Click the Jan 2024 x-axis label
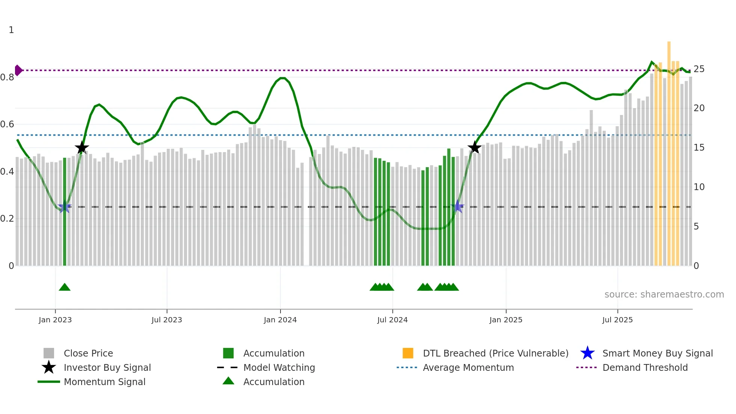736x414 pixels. tap(280, 320)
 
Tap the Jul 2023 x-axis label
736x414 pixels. tap(167, 320)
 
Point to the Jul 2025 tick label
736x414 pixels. tap(617, 320)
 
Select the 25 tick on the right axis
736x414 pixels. tap(699, 69)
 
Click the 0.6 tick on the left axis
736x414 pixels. tap(7, 124)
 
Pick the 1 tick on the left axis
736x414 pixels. tap(11, 30)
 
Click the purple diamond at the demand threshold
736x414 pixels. tap(18, 70)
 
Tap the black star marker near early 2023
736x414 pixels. tap(82, 148)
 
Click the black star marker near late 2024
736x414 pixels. tap(475, 147)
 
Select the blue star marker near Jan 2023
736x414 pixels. tap(65, 207)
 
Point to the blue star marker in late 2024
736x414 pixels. tap(458, 206)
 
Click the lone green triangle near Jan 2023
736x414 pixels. tap(65, 287)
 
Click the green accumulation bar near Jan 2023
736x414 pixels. tap(65, 210)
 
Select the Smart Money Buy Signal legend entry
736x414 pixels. tap(657, 353)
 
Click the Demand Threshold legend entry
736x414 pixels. tap(645, 367)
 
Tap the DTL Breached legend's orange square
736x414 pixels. tap(408, 353)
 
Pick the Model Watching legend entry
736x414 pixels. tap(279, 367)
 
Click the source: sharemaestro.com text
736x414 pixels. tap(664, 295)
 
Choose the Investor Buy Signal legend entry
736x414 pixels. tap(107, 367)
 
